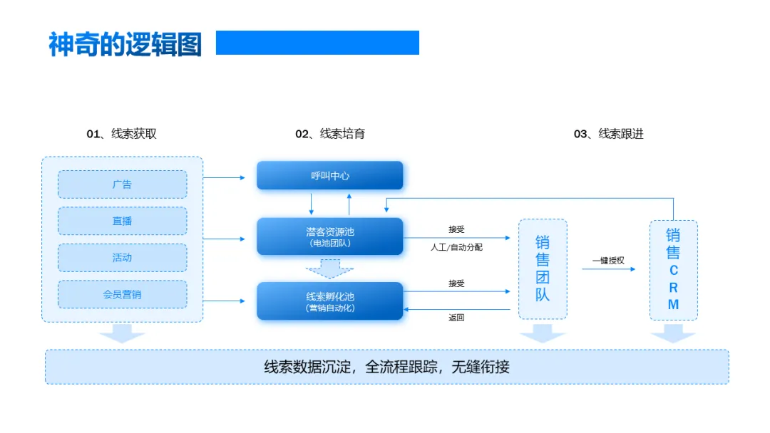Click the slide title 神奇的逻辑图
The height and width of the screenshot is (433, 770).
(x=125, y=44)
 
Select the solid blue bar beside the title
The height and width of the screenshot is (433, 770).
(x=317, y=43)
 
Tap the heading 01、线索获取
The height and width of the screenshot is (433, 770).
(x=122, y=134)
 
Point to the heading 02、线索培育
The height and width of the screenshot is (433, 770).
(x=330, y=134)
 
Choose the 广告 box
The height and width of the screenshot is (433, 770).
(x=122, y=184)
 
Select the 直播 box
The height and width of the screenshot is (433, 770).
(x=122, y=221)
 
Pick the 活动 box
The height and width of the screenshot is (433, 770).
(x=122, y=258)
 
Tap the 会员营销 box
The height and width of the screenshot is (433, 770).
(x=122, y=294)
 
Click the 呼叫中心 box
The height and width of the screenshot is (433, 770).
(x=330, y=176)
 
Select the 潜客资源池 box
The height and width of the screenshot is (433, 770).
(x=330, y=236)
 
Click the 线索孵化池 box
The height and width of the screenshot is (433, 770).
(x=330, y=301)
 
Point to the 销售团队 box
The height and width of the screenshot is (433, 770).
(x=543, y=268)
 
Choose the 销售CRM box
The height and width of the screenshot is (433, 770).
(x=673, y=269)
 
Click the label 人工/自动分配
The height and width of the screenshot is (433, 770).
(x=456, y=247)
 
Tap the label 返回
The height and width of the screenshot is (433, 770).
(x=456, y=318)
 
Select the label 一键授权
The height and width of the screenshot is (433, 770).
(x=608, y=261)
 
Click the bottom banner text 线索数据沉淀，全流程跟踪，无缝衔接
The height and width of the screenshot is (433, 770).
(x=386, y=367)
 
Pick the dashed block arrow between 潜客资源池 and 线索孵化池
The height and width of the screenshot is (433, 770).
(x=329, y=268)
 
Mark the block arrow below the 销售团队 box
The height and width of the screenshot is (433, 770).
(x=543, y=333)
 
